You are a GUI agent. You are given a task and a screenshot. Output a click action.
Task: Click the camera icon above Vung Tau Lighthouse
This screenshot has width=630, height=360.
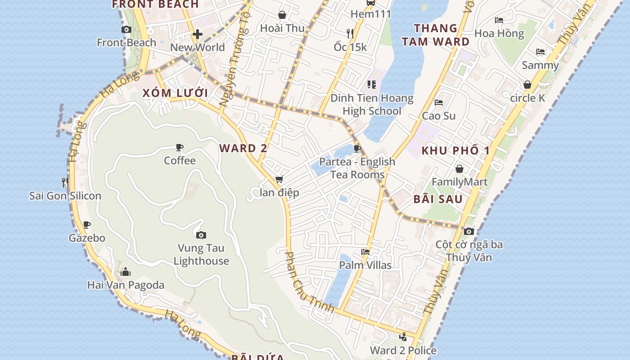(x=201, y=235)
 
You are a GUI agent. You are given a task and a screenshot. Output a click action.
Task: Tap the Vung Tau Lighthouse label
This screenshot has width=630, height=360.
(x=201, y=254)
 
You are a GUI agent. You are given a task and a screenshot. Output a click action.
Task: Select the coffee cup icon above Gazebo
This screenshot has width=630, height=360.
(x=87, y=225)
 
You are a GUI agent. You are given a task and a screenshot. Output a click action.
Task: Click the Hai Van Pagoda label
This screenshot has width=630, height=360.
(x=126, y=285)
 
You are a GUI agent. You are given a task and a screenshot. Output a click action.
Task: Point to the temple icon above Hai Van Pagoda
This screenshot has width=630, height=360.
(x=126, y=272)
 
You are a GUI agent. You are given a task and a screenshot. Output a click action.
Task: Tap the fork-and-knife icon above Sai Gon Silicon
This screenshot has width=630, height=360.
(x=65, y=182)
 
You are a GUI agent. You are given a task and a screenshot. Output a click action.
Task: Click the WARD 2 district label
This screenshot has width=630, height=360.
(x=243, y=148)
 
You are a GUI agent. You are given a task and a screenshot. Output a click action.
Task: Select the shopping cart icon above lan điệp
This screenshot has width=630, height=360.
(x=279, y=180)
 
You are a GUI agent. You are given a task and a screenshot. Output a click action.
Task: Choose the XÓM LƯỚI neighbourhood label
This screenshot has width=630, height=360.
(x=175, y=93)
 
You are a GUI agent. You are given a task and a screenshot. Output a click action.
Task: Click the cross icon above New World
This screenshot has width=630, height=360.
(x=197, y=34)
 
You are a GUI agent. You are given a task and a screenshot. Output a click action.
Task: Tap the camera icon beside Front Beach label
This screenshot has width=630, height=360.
(x=126, y=30)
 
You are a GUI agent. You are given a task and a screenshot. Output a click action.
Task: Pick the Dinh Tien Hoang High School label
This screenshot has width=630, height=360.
(x=372, y=104)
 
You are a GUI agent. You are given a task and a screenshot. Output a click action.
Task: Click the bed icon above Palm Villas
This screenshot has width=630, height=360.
(x=365, y=252)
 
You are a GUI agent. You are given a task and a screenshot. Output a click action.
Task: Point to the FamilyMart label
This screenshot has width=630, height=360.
(x=459, y=182)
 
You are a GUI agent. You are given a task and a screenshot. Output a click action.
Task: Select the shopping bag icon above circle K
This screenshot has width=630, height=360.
(x=527, y=85)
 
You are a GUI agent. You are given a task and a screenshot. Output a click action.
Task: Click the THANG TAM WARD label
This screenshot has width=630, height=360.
(x=436, y=35)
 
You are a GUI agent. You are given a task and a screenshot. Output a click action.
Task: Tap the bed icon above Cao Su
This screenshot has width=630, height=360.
(x=439, y=103)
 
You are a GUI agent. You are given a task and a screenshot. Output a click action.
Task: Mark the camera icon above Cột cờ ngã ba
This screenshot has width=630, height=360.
(x=469, y=231)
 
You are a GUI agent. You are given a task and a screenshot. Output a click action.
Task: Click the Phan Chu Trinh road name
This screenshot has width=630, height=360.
(x=309, y=282)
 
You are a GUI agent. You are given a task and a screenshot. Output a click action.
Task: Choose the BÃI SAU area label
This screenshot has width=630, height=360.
(x=438, y=199)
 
